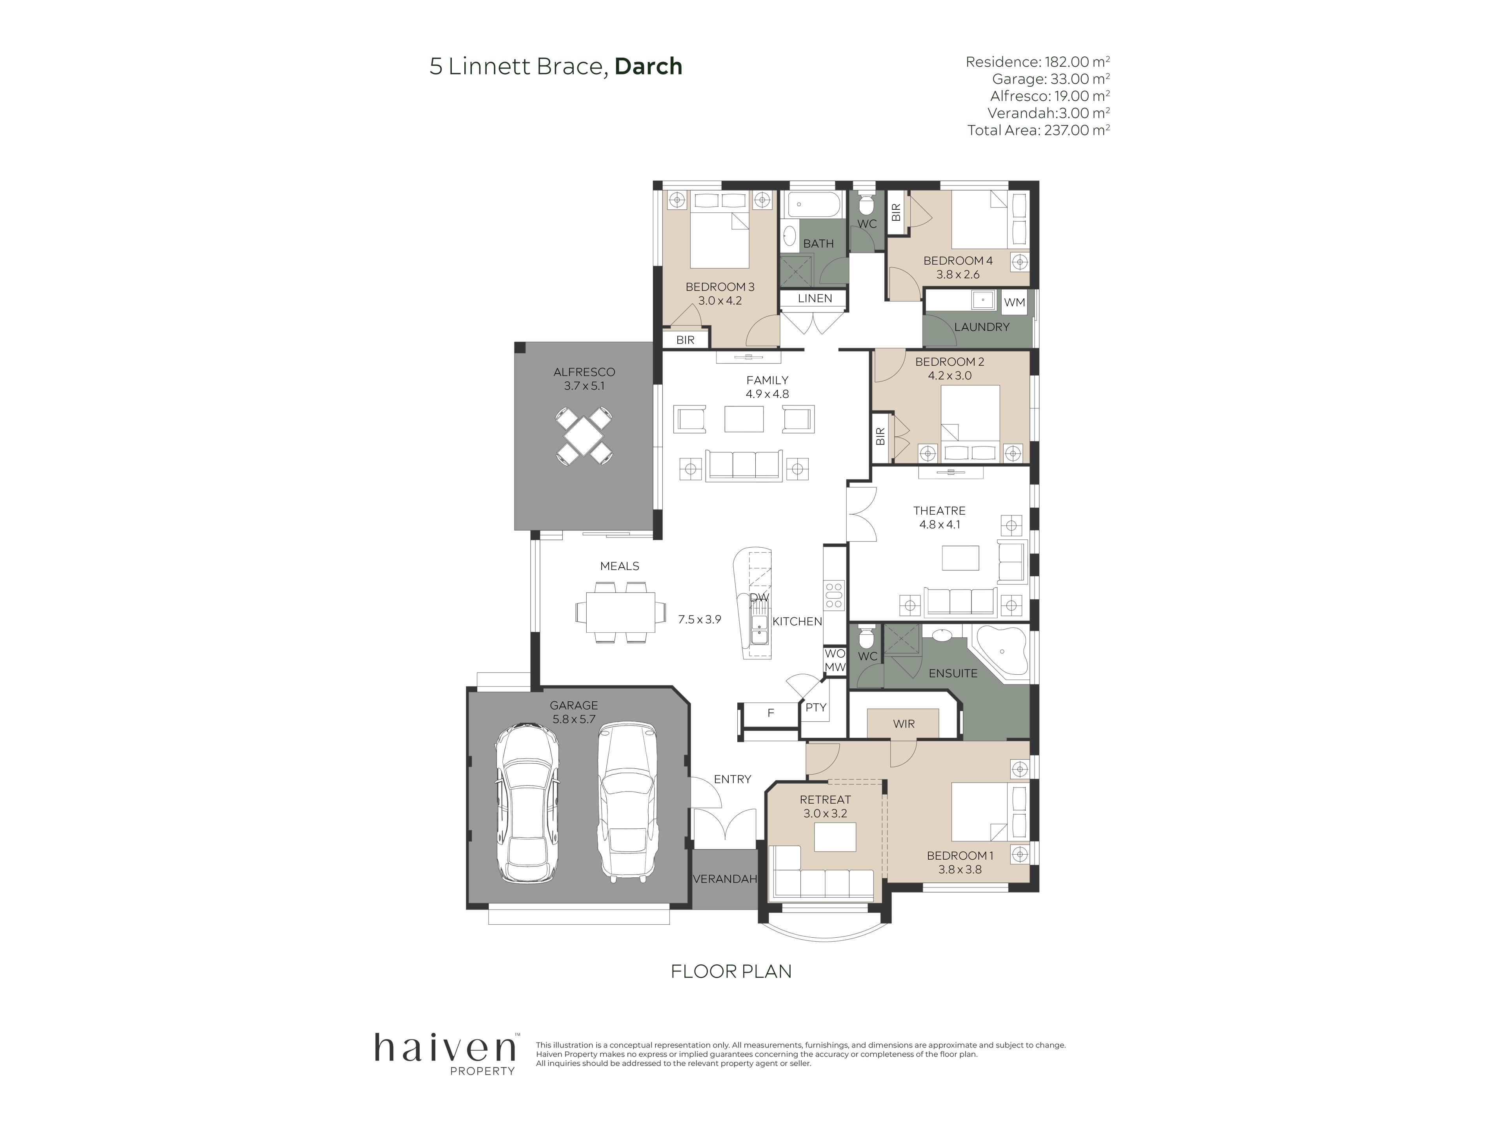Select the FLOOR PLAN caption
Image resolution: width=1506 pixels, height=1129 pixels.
731,971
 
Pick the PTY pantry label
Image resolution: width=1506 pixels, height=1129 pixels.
816,708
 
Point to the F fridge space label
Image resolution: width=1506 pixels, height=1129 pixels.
771,713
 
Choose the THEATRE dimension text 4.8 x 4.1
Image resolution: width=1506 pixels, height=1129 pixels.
940,525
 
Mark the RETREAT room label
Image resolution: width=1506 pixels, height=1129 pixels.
825,800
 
